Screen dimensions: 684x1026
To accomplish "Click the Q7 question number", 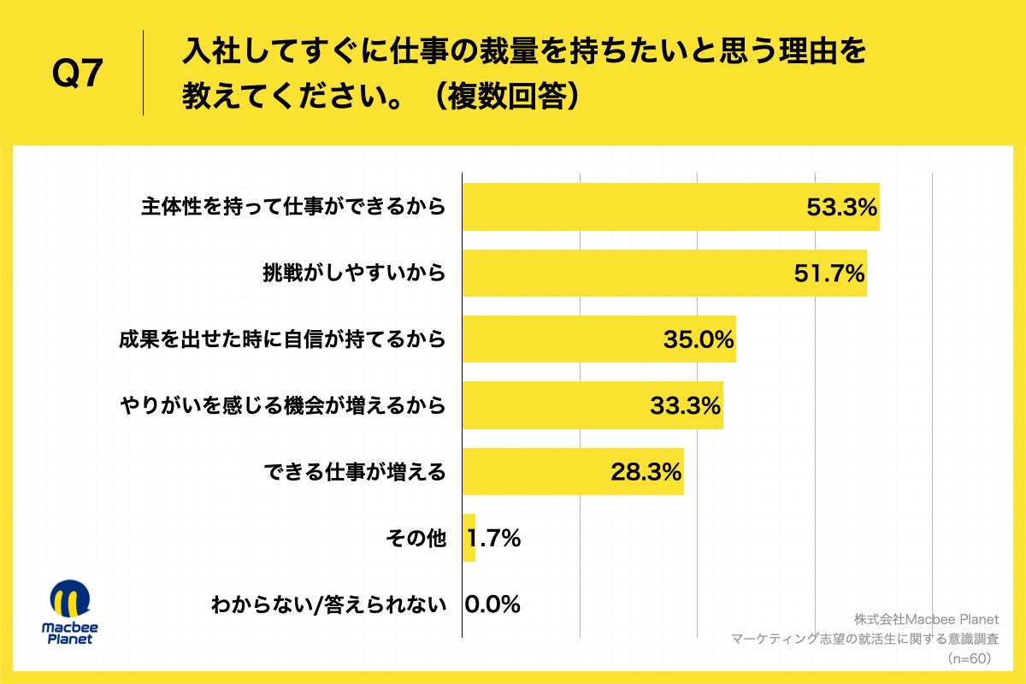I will click(78, 76).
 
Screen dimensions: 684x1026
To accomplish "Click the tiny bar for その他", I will click(469, 538).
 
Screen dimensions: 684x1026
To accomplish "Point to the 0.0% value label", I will click(493, 604).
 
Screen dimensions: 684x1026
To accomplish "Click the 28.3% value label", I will click(646, 471).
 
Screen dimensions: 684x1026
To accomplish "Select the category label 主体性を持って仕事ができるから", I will click(293, 207).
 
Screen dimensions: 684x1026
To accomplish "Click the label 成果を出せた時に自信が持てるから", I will click(282, 339).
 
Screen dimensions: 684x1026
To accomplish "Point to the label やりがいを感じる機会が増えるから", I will click(282, 405).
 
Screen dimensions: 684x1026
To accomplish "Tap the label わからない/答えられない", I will click(329, 604).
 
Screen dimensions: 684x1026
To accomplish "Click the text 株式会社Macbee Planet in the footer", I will click(926, 619).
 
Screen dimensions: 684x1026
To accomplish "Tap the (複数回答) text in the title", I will click(504, 94).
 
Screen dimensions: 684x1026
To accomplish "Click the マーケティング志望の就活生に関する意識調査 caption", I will click(864, 639).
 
